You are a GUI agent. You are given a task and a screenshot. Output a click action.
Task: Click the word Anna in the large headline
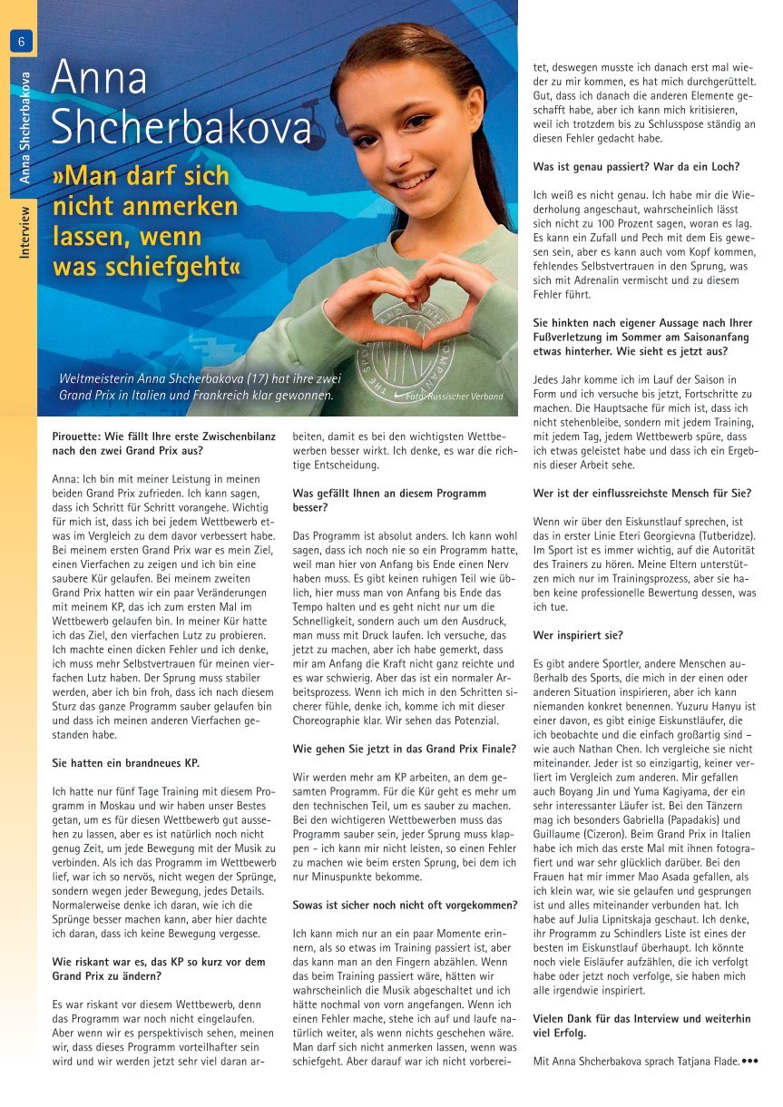(99, 79)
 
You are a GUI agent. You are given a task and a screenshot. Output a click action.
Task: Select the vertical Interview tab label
(24, 232)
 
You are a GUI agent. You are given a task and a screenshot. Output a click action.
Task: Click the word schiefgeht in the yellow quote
(172, 268)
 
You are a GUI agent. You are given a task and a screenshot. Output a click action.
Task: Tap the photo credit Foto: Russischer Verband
(454, 397)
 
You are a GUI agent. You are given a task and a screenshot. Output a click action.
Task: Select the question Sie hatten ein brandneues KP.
(125, 762)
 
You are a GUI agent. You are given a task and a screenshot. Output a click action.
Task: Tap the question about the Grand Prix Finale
(404, 749)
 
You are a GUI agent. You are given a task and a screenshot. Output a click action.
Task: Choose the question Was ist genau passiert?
(636, 167)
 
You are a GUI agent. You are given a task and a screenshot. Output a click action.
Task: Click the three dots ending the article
(749, 1059)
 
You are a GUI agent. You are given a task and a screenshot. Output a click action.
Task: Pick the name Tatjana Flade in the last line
(706, 1060)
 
